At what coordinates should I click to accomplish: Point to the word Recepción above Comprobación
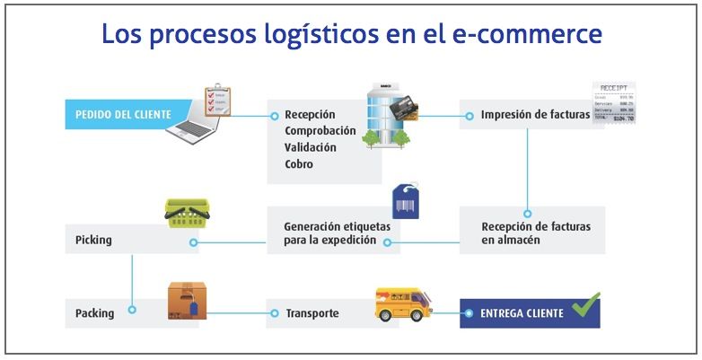pyautogui.click(x=310, y=115)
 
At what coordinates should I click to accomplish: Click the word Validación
pyautogui.click(x=310, y=147)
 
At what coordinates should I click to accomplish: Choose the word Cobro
pyautogui.click(x=299, y=164)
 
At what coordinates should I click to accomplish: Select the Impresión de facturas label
pyautogui.click(x=535, y=115)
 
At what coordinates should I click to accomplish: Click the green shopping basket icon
pyautogui.click(x=187, y=213)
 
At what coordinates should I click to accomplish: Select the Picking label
pyautogui.click(x=95, y=241)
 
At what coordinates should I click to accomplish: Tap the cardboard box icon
pyautogui.click(x=187, y=302)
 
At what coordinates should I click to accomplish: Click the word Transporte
pyautogui.click(x=312, y=313)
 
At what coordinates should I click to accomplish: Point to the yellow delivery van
pyautogui.click(x=402, y=305)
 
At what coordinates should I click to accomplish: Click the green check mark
pyautogui.click(x=585, y=306)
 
